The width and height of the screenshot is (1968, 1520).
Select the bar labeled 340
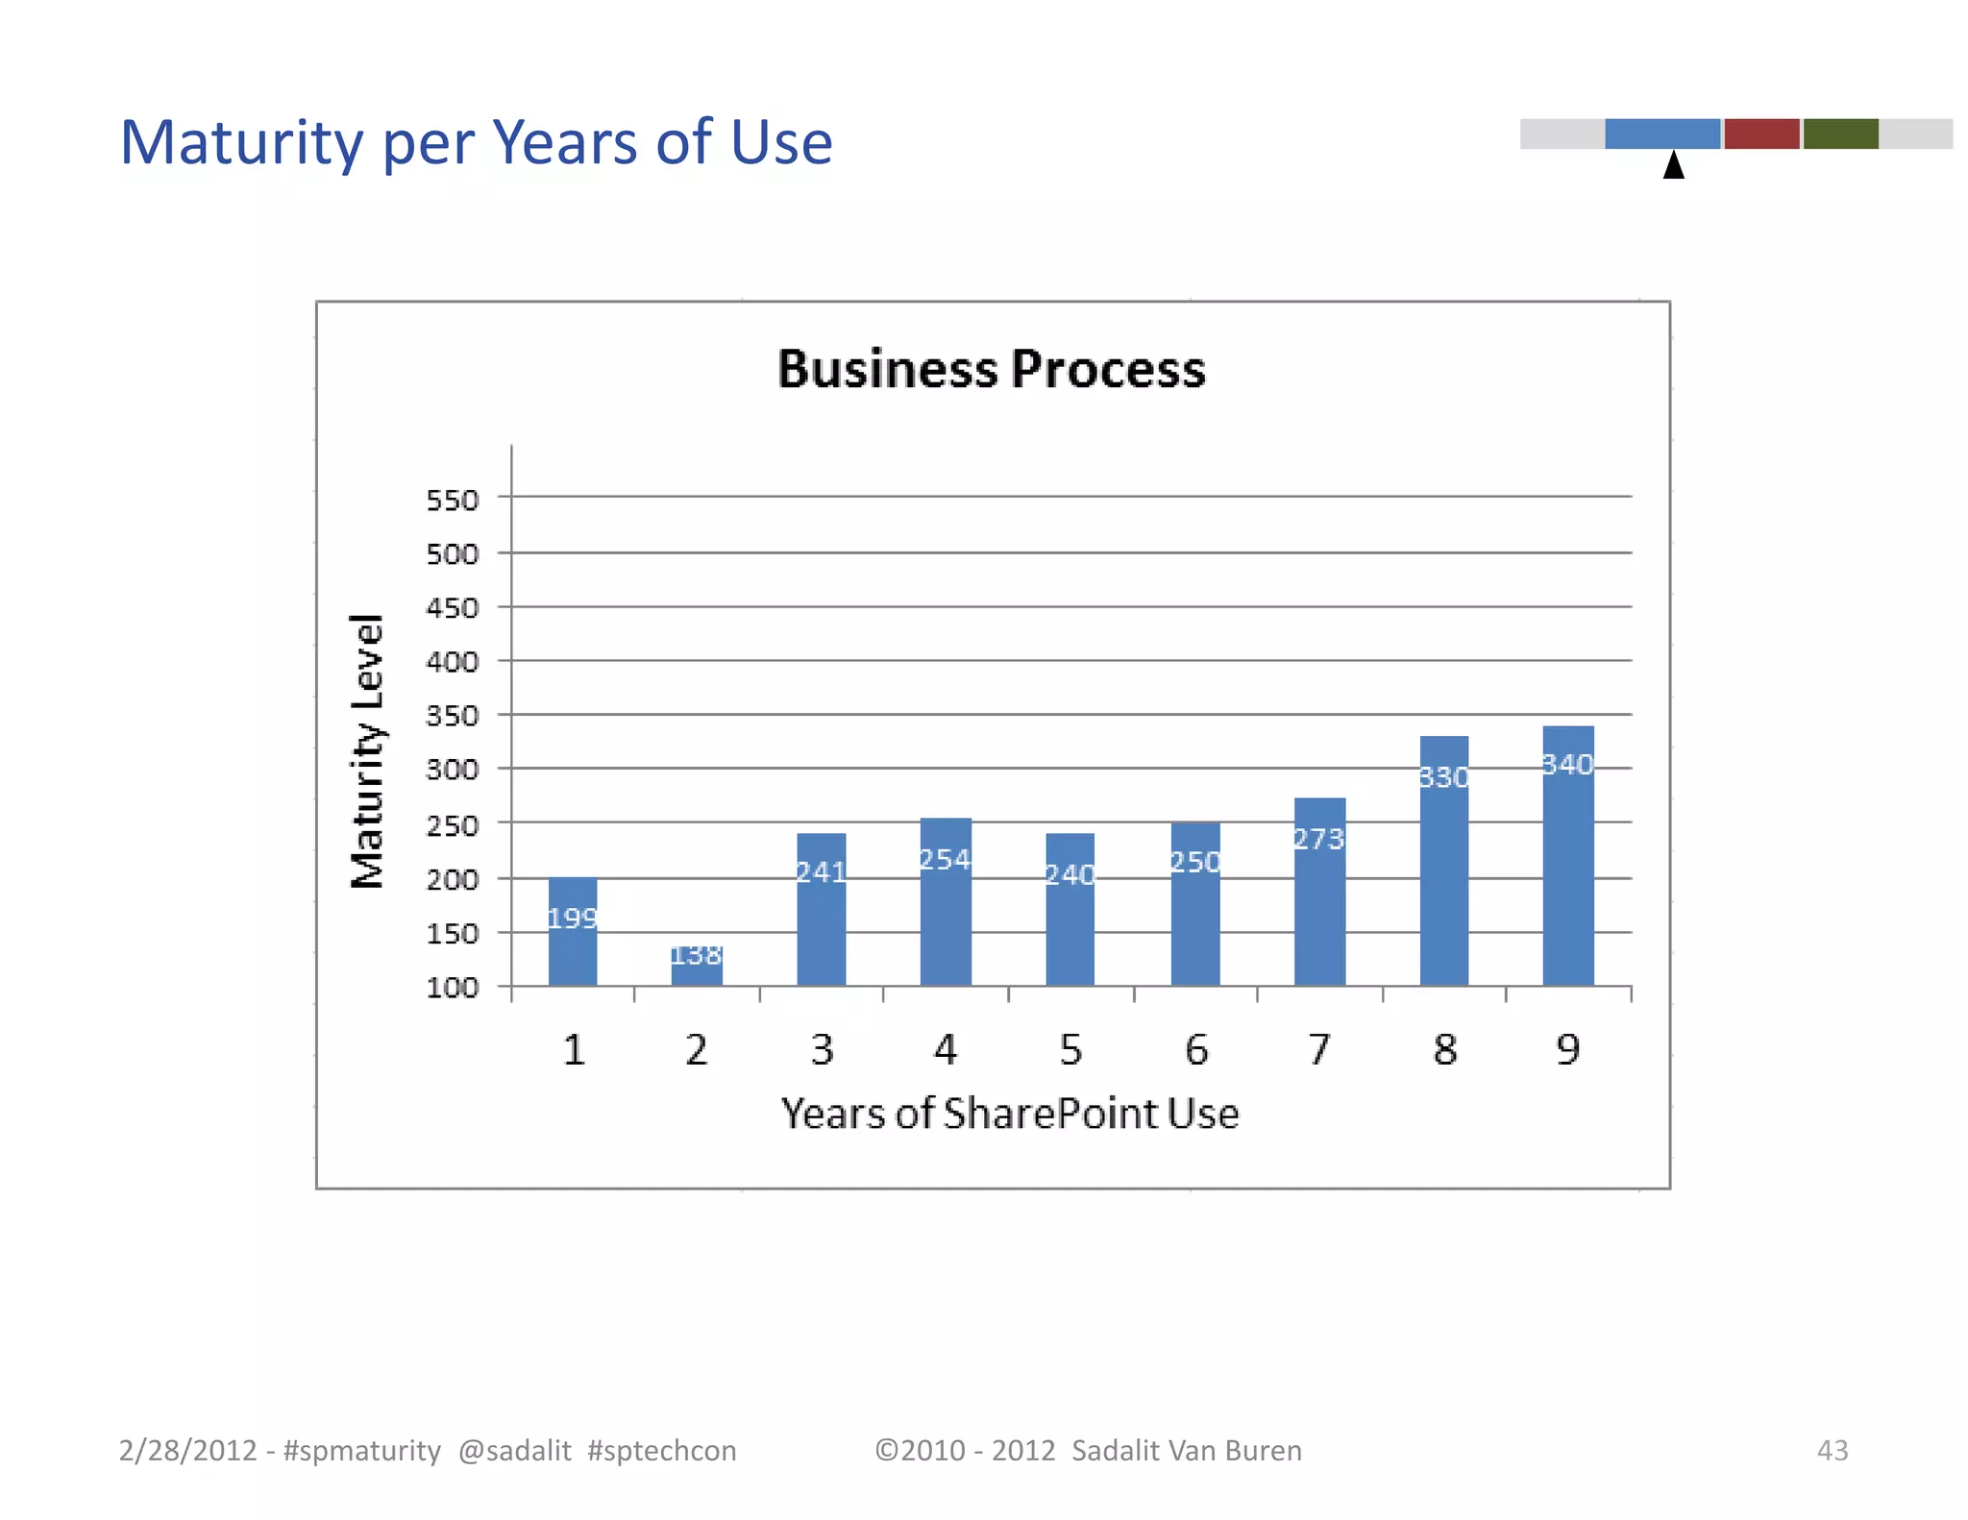pos(1568,855)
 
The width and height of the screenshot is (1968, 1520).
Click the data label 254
pos(946,859)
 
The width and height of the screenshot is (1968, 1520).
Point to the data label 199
pos(573,919)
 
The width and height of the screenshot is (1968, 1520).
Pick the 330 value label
pos(1444,776)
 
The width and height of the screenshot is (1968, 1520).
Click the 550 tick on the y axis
pos(453,501)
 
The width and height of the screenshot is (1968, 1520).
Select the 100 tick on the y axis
pos(453,988)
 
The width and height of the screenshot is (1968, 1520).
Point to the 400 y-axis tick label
pos(453,662)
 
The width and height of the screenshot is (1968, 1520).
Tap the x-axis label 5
pos(1070,1049)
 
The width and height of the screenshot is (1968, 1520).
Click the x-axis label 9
pos(1568,1049)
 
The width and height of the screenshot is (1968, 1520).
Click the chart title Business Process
pos(991,369)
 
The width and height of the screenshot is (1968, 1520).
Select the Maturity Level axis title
pos(368,751)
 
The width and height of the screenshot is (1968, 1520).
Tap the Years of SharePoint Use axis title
pos(1009,1114)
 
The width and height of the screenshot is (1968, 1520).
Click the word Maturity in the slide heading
pos(241,143)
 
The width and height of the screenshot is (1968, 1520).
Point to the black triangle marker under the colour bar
pos(1674,166)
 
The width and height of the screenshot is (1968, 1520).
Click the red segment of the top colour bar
pos(1761,134)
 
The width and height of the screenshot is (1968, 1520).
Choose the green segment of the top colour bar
pos(1840,134)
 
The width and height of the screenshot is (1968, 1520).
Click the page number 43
pos(1833,1450)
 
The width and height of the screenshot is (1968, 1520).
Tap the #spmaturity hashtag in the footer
pos(362,1450)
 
